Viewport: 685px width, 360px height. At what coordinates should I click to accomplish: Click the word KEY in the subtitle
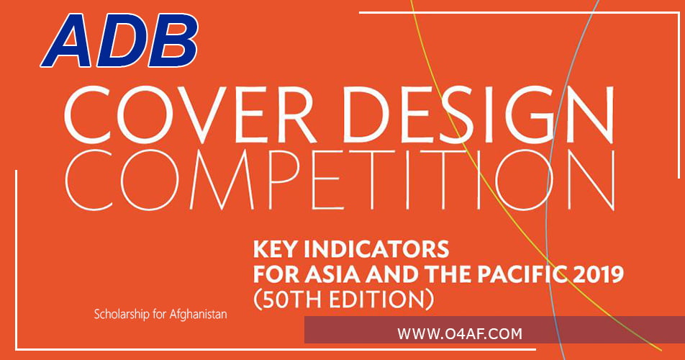pyautogui.click(x=273, y=251)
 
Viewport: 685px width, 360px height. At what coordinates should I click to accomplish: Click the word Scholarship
pyautogui.click(x=122, y=315)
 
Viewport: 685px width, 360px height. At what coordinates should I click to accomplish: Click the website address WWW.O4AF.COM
pyautogui.click(x=459, y=333)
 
